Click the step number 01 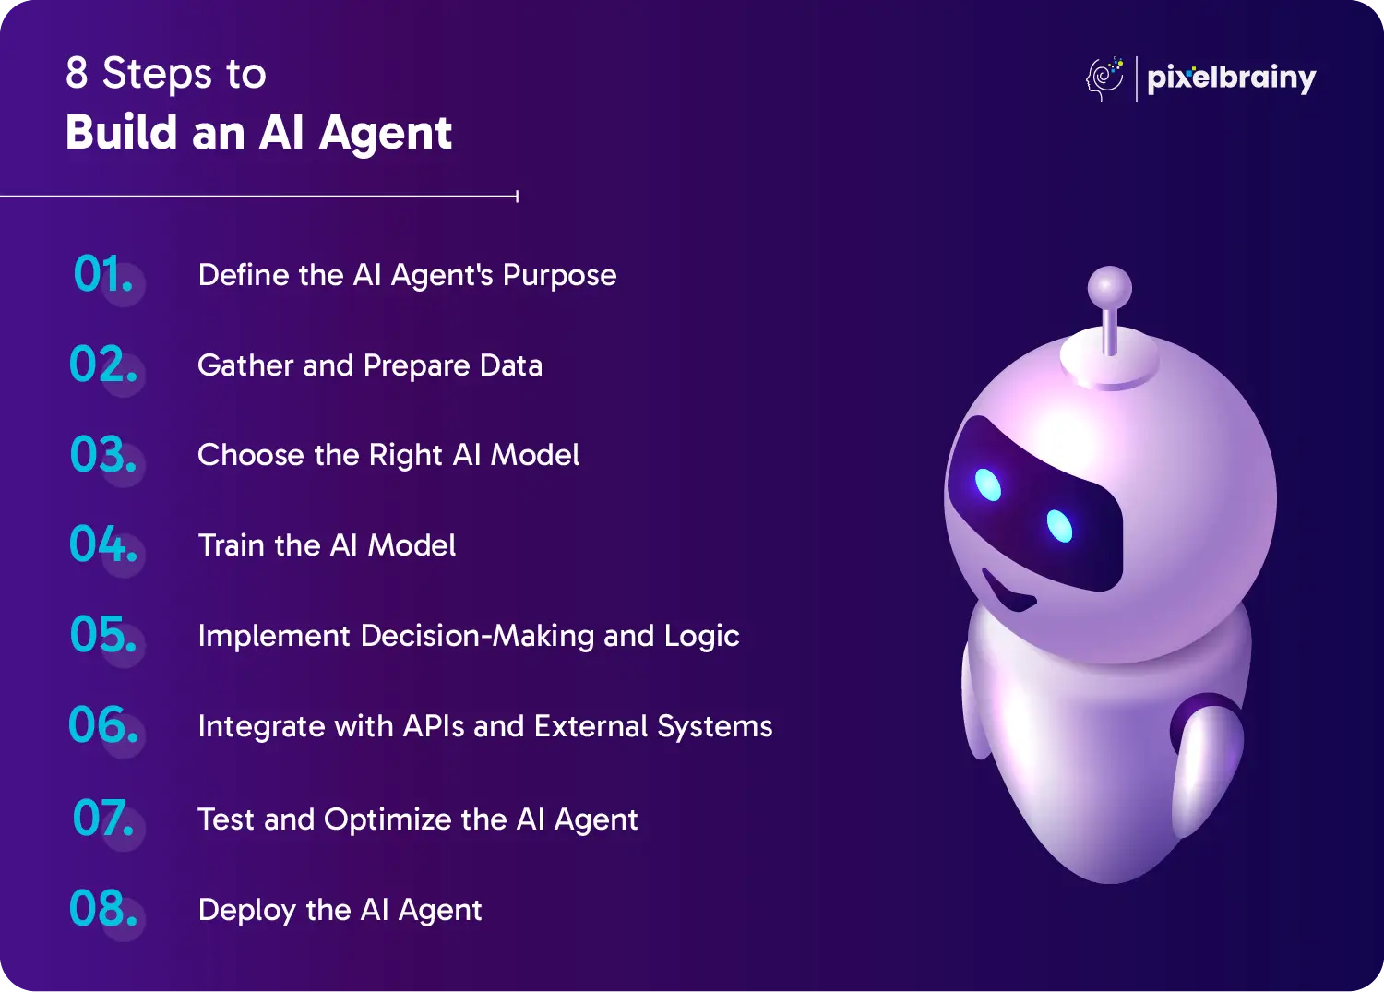pyautogui.click(x=102, y=273)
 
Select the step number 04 pyautogui.click(x=102, y=544)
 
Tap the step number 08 pyautogui.click(x=102, y=908)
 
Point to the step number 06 pyautogui.click(x=102, y=724)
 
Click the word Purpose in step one pyautogui.click(x=559, y=276)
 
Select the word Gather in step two pyautogui.click(x=245, y=365)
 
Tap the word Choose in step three pyautogui.click(x=250, y=455)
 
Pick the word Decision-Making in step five pyautogui.click(x=477, y=636)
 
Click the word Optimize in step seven pyautogui.click(x=388, y=820)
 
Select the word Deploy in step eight pyautogui.click(x=247, y=911)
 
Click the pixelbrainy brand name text pyautogui.click(x=1232, y=79)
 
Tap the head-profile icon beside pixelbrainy pyautogui.click(x=1104, y=79)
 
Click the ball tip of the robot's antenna pyautogui.click(x=1110, y=287)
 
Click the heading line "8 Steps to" pyautogui.click(x=165, y=74)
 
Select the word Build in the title pyautogui.click(x=122, y=132)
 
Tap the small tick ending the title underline pyautogui.click(x=517, y=197)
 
